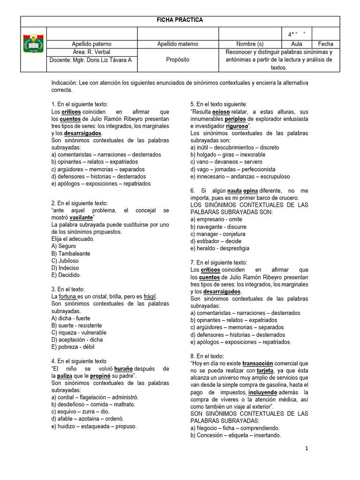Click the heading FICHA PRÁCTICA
pos(180,21)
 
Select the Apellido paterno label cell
pos(92,44)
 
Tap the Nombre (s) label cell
pos(253,44)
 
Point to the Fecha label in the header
pos(325,44)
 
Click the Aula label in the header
pos(297,44)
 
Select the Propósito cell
pos(178,60)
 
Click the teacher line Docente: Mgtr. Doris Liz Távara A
pos(90,60)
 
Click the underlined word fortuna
pos(68,297)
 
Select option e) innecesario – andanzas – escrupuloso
pos(240,176)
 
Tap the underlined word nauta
pos(234,191)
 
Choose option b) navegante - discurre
pos(218,227)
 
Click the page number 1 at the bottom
pos(307,449)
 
